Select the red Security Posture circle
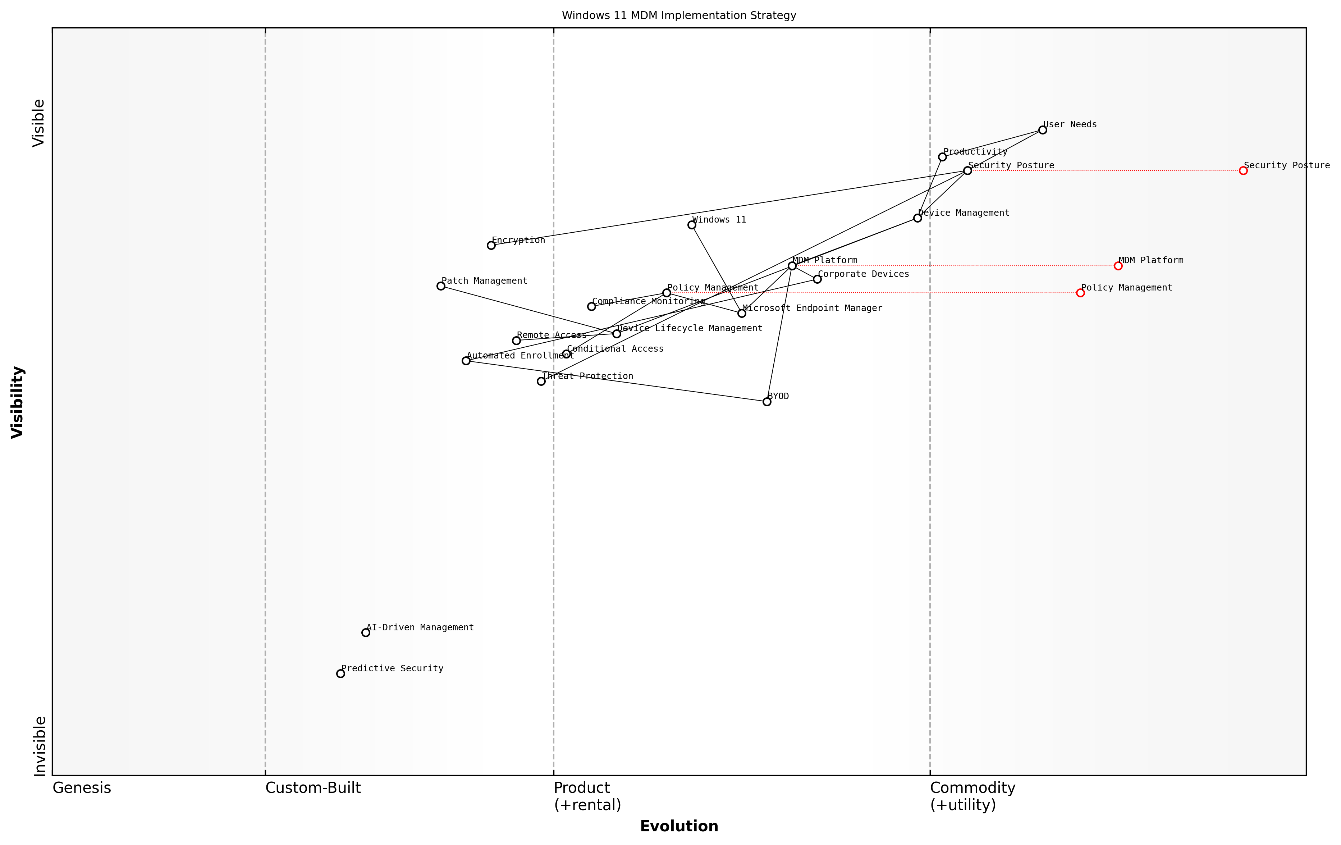(1243, 170)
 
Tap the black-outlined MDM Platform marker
(792, 266)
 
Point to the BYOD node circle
(767, 402)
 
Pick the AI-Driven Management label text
(420, 627)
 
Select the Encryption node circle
(491, 245)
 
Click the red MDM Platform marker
(1118, 266)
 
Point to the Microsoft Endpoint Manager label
(812, 308)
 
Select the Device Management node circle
(917, 218)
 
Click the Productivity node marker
(942, 157)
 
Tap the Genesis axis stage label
(82, 787)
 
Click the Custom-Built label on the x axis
(313, 787)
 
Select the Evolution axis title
(679, 826)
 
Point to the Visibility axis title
(18, 402)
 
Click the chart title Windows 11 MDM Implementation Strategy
(679, 15)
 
